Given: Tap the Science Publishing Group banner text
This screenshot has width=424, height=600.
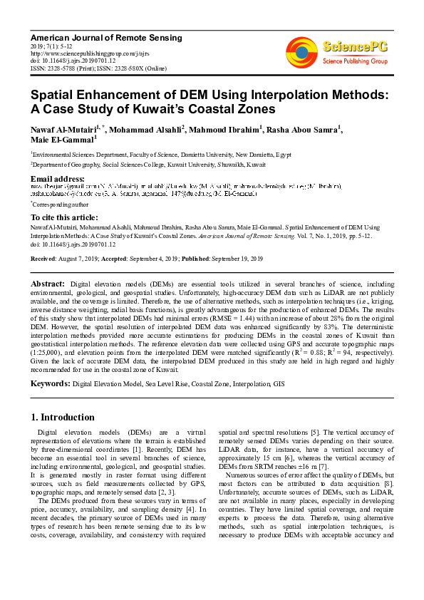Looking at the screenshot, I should coord(355,61).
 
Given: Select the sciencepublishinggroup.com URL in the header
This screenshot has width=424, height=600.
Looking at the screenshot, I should coord(79,53).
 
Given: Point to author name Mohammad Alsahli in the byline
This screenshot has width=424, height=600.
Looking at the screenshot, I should coord(146,129).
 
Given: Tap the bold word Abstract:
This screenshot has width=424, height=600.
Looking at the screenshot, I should coord(48,284).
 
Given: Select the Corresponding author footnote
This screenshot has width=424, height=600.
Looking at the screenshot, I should coord(60,204).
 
